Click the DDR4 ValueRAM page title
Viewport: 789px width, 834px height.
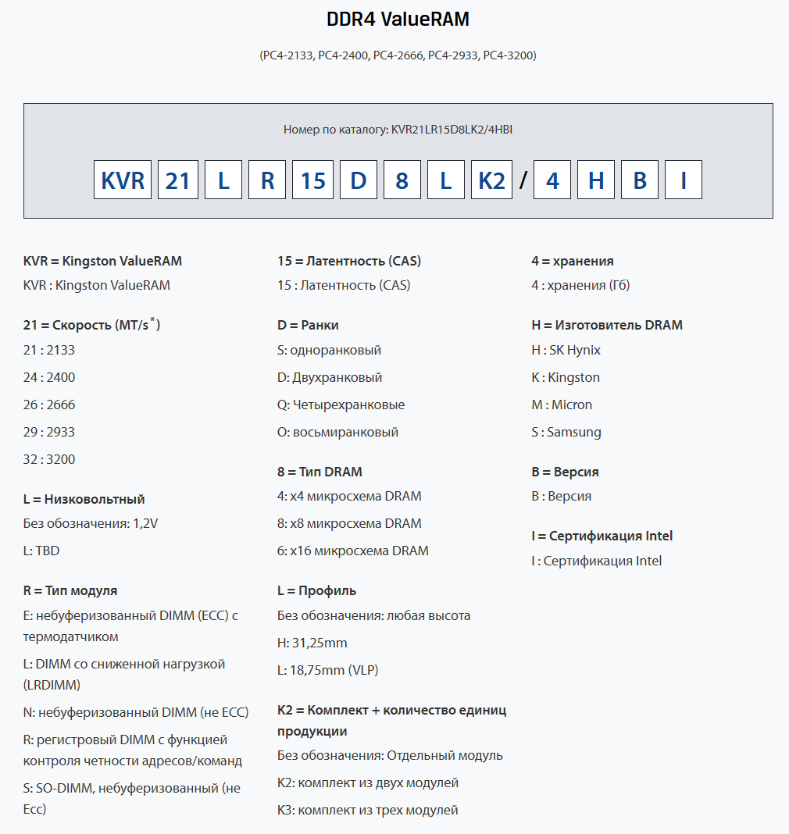(x=398, y=20)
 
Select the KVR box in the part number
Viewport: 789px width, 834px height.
(x=123, y=180)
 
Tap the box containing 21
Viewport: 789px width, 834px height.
(x=178, y=180)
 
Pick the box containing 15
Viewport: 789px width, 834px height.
(x=312, y=180)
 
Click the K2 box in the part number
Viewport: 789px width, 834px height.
(x=491, y=180)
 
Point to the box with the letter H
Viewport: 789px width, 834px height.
(x=596, y=180)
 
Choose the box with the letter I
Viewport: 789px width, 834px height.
(x=684, y=180)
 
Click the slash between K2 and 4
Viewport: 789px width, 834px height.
(x=523, y=180)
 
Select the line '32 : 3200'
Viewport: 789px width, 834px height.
(x=49, y=459)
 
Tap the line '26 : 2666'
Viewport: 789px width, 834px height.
(x=49, y=405)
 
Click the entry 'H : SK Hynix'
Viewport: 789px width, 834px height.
(x=566, y=350)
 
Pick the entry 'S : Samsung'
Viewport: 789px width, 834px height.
(x=566, y=432)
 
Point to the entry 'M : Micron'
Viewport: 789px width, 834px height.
(x=562, y=405)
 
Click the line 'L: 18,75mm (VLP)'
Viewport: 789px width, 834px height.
(x=327, y=670)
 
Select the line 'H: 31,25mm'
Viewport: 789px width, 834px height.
(x=312, y=643)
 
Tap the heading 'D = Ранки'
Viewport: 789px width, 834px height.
(x=308, y=325)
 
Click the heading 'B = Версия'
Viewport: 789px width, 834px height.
(x=565, y=472)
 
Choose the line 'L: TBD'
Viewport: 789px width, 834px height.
(x=41, y=551)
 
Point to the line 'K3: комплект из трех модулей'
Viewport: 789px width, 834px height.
(x=367, y=810)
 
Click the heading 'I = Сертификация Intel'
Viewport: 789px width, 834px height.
(x=602, y=536)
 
